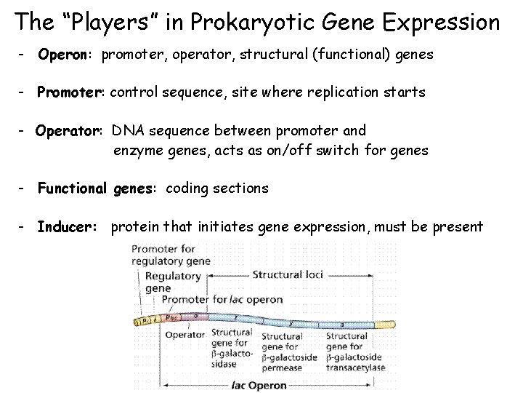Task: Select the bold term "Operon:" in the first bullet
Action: tap(67, 55)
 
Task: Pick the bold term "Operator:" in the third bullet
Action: tap(71, 130)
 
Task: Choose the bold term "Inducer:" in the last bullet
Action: tap(67, 227)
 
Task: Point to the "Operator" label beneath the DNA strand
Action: tap(185, 336)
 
